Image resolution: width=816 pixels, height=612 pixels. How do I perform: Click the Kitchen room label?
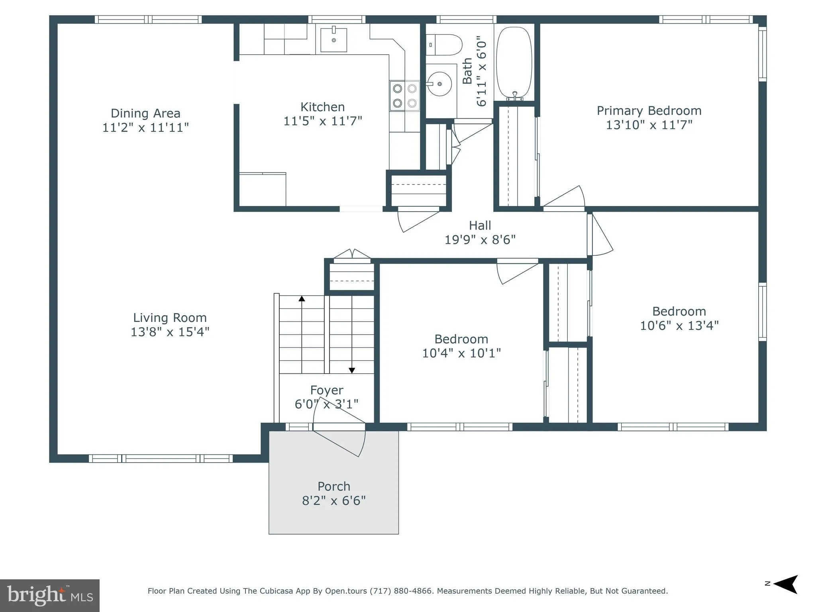tap(322, 107)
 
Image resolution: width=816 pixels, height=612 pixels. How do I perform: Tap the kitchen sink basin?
tap(333, 40)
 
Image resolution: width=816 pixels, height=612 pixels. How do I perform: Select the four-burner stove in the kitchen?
tap(404, 96)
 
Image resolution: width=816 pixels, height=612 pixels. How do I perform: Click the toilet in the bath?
tap(444, 45)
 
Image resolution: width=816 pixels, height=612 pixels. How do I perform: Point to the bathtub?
tap(514, 62)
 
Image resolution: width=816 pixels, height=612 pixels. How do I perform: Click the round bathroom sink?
tap(439, 84)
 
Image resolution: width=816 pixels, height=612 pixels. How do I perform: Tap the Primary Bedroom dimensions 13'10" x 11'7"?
tap(649, 125)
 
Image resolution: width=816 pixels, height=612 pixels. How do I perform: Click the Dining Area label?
tap(145, 113)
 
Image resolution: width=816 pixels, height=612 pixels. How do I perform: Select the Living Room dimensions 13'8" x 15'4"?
tap(170, 332)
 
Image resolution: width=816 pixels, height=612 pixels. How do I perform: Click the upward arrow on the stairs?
tap(302, 298)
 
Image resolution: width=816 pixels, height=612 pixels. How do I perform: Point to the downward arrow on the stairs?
tap(352, 370)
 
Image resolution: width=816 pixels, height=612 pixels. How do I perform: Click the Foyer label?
tap(327, 390)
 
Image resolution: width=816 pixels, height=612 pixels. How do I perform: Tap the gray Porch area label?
tap(334, 486)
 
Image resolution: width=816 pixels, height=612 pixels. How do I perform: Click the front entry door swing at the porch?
tap(343, 438)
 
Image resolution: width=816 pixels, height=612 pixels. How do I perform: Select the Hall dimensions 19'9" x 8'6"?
tap(480, 240)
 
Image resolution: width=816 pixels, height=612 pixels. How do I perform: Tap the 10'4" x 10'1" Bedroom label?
tap(461, 339)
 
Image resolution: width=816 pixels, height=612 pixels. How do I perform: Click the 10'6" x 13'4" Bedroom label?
tap(679, 311)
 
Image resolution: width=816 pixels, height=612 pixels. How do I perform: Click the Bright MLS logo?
tap(49, 595)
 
